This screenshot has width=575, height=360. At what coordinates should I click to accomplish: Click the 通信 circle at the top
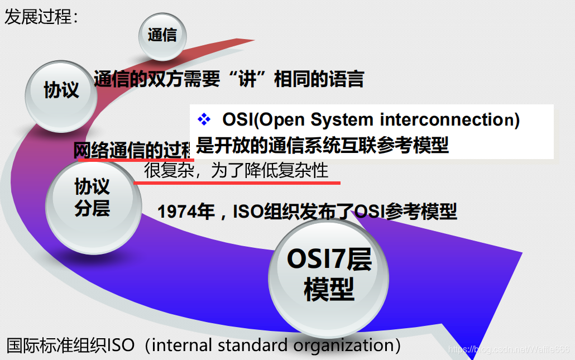[x=162, y=36]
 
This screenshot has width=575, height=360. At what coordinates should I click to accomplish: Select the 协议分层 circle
[x=92, y=198]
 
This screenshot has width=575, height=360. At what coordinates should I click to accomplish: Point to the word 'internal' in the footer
[x=181, y=345]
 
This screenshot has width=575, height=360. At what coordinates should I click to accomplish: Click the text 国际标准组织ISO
[x=70, y=345]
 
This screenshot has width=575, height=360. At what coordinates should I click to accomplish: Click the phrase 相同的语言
[x=319, y=79]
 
